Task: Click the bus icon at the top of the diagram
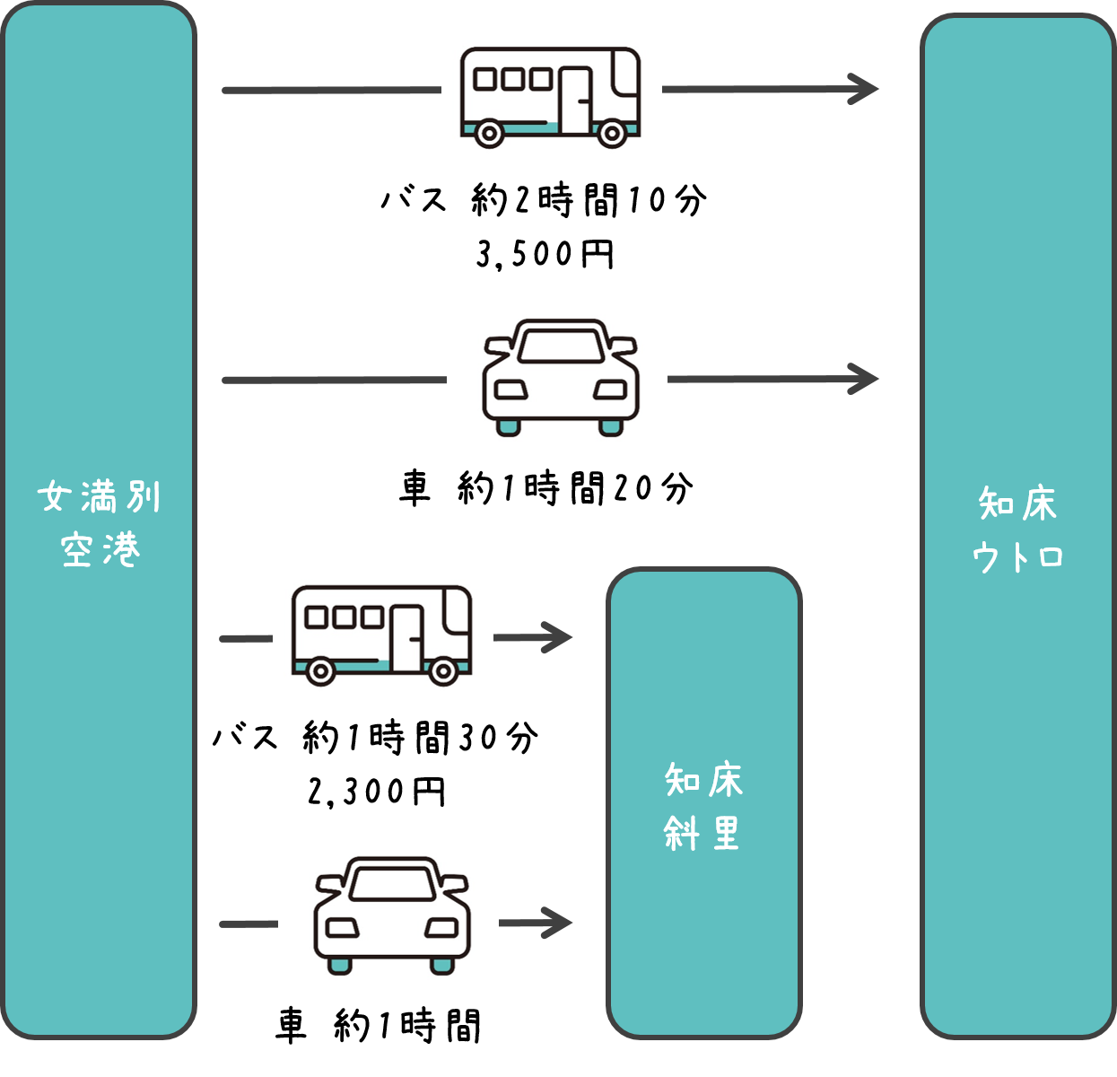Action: pyautogui.click(x=551, y=96)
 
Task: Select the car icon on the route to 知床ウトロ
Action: pyautogui.click(x=560, y=377)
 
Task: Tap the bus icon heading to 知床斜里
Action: pyautogui.click(x=382, y=635)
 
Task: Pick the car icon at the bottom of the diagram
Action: pyautogui.click(x=391, y=915)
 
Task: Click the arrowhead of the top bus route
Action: pyautogui.click(x=866, y=89)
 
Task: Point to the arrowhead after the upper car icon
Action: pyautogui.click(x=866, y=379)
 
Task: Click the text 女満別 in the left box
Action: pyautogui.click(x=100, y=496)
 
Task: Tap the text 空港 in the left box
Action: pyautogui.click(x=100, y=549)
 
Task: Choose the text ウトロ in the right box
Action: pyautogui.click(x=1017, y=557)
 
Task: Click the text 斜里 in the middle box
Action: pyautogui.click(x=702, y=834)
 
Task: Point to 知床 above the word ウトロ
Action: pyautogui.click(x=1017, y=503)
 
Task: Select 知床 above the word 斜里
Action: pyautogui.click(x=703, y=780)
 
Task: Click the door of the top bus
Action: pyautogui.click(x=576, y=100)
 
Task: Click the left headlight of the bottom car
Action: pyautogui.click(x=342, y=927)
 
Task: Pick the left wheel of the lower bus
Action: pyautogui.click(x=320, y=670)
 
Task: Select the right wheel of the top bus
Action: pyautogui.click(x=612, y=134)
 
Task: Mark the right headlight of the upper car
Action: pyautogui.click(x=610, y=390)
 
